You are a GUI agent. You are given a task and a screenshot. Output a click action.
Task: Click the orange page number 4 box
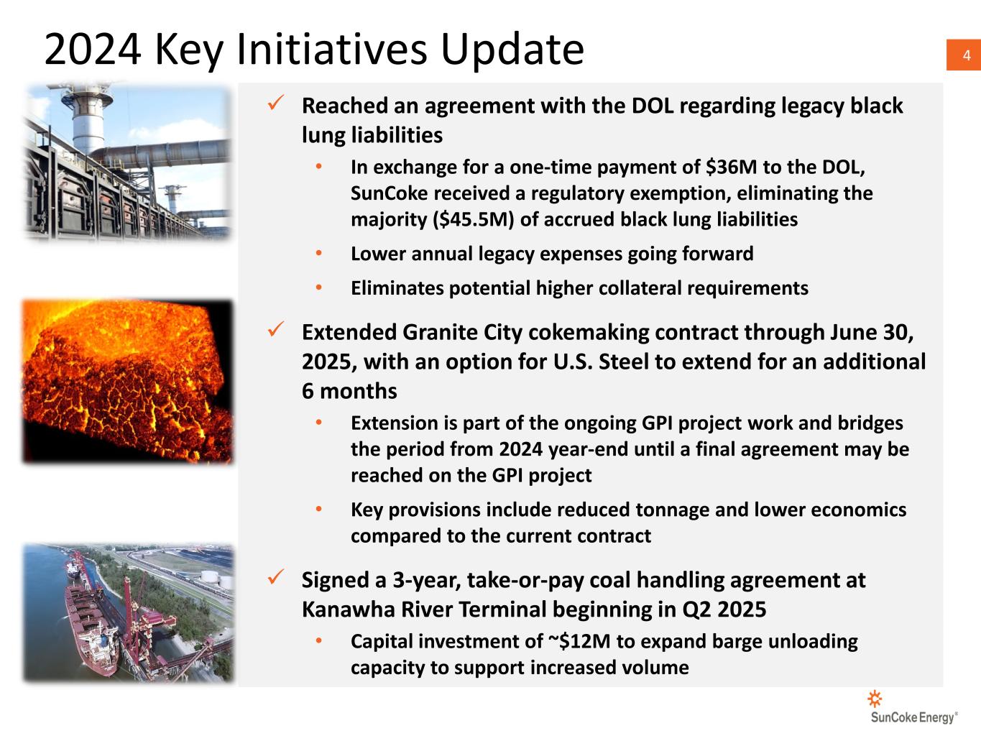[964, 55]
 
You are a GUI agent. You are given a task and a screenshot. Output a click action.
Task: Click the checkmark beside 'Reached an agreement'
[276, 103]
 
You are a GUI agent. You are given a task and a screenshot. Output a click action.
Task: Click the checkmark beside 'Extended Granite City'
[276, 329]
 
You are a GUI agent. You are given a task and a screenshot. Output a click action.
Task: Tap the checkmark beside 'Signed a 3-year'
[276, 577]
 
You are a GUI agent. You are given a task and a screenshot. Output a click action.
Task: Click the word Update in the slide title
[512, 50]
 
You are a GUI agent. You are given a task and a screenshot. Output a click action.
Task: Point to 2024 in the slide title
[93, 50]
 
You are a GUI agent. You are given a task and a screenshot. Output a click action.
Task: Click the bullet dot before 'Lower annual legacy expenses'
[318, 253]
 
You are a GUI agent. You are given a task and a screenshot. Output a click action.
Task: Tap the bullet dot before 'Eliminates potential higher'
[318, 287]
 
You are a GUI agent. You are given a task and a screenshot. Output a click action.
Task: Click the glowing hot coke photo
[128, 381]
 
